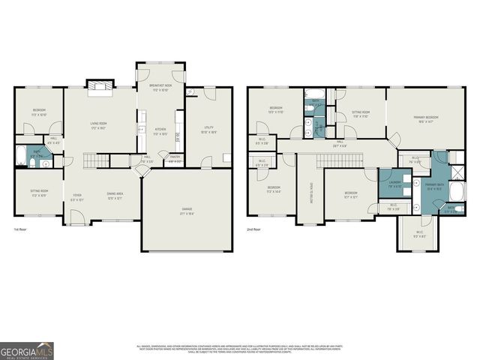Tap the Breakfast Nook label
(x=160, y=87)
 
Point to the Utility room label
(x=209, y=129)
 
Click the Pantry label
(x=173, y=158)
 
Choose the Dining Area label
(x=115, y=195)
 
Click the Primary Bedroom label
(x=426, y=118)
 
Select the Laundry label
(x=394, y=183)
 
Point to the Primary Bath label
(x=433, y=185)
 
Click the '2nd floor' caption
(x=255, y=229)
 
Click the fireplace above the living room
(x=99, y=86)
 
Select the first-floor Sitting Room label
(x=39, y=193)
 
